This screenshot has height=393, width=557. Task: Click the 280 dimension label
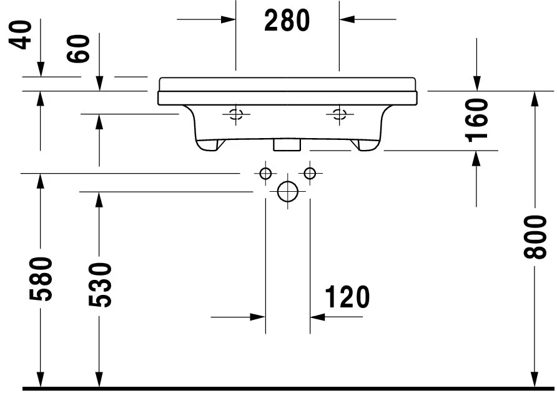[287, 21]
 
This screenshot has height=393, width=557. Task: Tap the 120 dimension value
[347, 297]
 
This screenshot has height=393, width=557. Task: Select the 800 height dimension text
[535, 237]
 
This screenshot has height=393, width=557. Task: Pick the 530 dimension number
[99, 285]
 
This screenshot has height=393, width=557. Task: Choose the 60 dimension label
[81, 47]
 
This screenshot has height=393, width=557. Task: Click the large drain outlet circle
[287, 192]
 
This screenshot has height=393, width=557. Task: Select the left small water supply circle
[265, 173]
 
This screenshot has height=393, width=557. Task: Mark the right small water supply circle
[310, 173]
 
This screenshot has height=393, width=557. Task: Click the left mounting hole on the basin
[235, 114]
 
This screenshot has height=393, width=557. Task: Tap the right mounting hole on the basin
[339, 114]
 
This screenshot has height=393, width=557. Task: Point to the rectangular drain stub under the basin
[287, 144]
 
